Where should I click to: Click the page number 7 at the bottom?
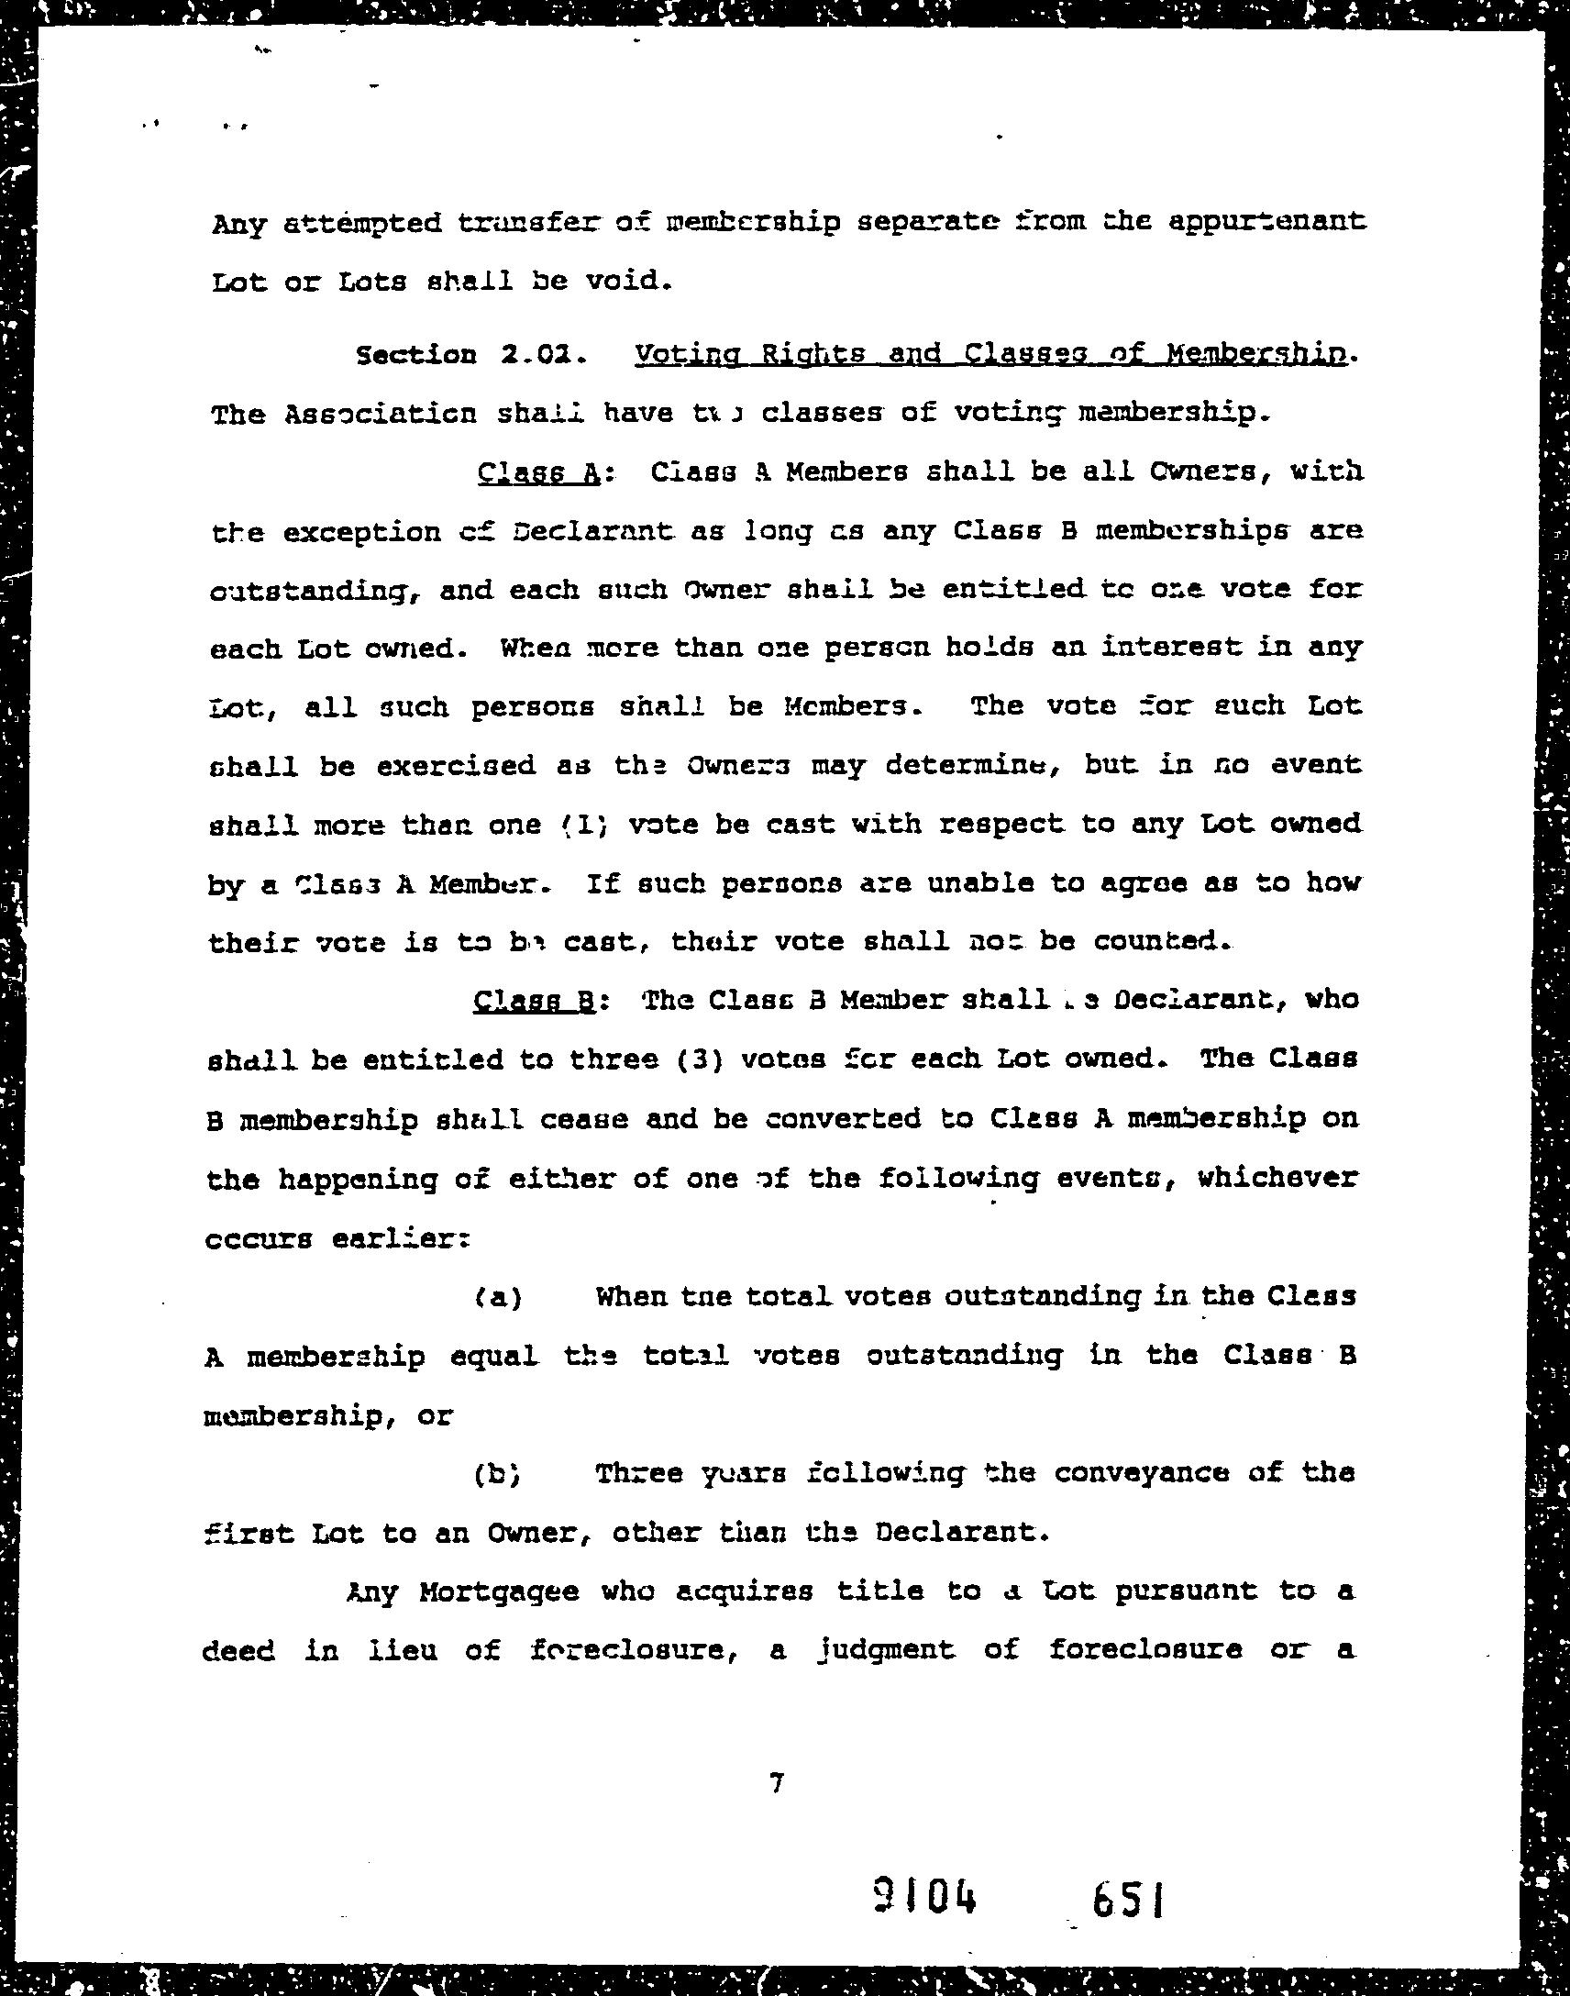pos(777,1783)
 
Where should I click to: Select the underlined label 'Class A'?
pos(539,472)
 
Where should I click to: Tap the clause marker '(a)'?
pos(499,1297)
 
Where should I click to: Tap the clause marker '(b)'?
pos(498,1474)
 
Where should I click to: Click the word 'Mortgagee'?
pos(499,1591)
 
